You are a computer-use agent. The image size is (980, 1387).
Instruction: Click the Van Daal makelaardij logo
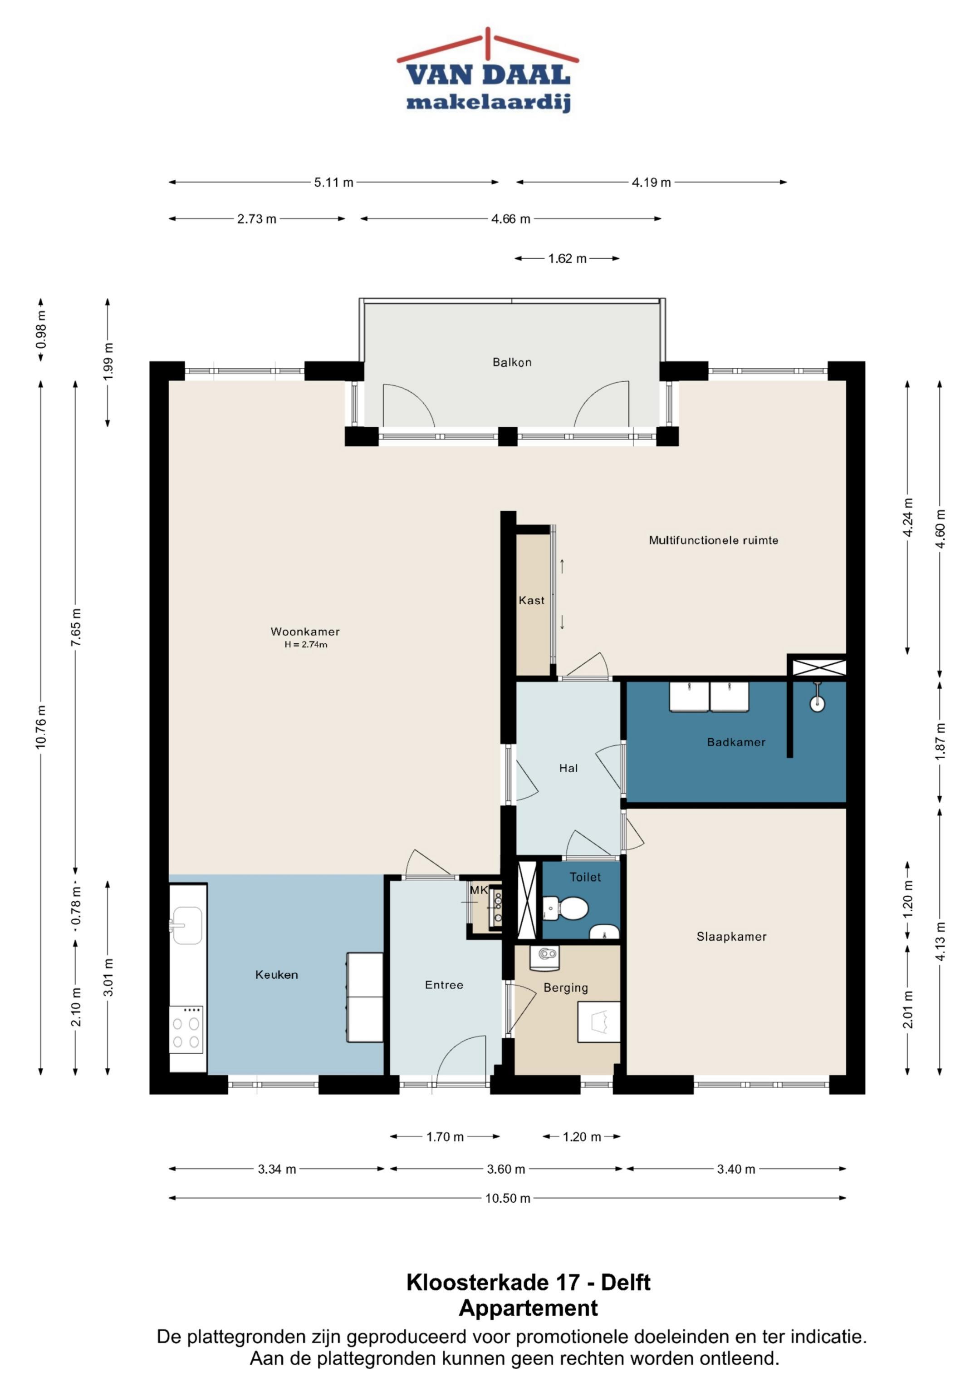pos(487,71)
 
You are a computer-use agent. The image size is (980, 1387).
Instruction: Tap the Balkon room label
pos(512,362)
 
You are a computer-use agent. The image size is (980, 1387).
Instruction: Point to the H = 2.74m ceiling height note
pos(306,645)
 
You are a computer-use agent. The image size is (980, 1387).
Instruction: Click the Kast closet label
pos(531,601)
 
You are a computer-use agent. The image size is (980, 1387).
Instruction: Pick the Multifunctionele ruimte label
pos(713,540)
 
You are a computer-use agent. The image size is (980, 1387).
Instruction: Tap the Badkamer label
pos(736,742)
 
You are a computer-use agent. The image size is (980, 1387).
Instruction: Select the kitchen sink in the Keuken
pos(187,925)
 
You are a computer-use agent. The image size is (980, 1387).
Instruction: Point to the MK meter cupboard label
pos(478,890)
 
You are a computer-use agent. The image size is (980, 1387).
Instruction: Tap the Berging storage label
pos(566,987)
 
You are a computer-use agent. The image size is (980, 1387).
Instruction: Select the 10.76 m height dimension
pos(40,727)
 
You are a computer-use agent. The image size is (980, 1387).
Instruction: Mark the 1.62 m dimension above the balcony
pos(567,258)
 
